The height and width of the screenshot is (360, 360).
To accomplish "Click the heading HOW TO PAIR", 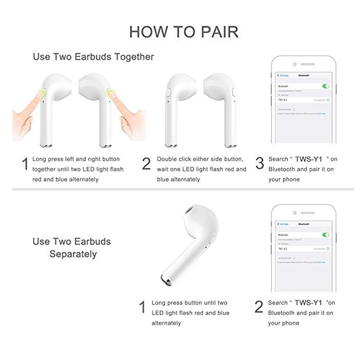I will click(184, 32).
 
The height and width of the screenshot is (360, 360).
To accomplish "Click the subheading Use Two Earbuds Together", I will click(93, 57).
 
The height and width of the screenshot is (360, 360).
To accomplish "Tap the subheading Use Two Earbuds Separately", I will click(72, 247).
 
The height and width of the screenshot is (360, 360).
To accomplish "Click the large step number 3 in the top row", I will click(259, 164).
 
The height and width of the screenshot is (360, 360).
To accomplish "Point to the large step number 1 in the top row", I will click(24, 165).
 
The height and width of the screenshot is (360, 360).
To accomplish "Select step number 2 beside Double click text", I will click(146, 164).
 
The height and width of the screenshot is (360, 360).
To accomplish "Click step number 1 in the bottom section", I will click(143, 308).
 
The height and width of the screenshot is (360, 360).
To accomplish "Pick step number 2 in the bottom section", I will click(259, 307).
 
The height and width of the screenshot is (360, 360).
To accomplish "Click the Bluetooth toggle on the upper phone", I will click(326, 86).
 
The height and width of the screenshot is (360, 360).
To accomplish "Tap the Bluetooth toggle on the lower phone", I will click(326, 234).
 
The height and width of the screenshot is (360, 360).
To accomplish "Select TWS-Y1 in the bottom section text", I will click(309, 303).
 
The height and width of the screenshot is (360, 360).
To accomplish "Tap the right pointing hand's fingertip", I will click(110, 93).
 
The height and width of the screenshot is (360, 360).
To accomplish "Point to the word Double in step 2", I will click(167, 159).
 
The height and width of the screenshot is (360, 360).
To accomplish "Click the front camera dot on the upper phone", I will click(294, 64).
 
